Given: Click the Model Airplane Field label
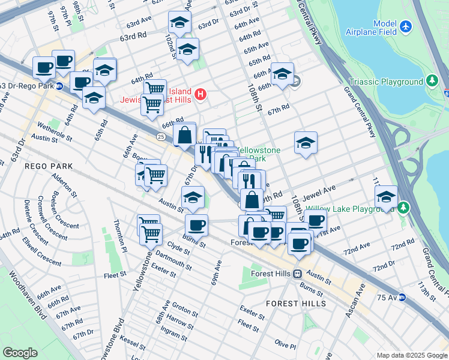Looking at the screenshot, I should [376, 28].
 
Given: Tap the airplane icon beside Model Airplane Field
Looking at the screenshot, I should [406, 27].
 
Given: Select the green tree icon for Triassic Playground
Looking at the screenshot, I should [432, 82].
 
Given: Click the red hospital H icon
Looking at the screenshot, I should [201, 94].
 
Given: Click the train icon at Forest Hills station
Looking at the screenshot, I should [297, 274].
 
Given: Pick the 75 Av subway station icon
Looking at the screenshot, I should [402, 297].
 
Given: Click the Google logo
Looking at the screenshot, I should [20, 352].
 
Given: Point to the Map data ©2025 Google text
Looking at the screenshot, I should [411, 355].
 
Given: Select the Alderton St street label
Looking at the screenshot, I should [65, 185].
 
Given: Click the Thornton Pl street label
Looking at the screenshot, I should [119, 236].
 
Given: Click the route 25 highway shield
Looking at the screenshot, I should [161, 137].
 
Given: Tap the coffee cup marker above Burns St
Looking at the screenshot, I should [196, 226].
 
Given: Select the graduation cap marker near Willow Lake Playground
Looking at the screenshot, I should [386, 197].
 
